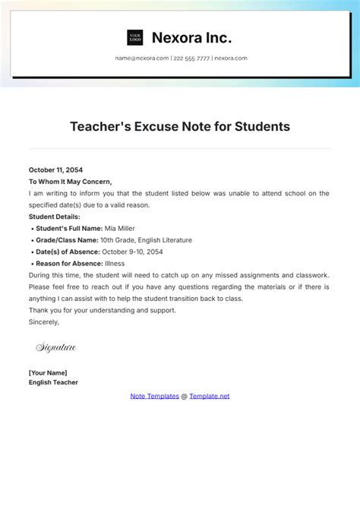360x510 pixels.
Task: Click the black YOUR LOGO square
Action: [135, 37]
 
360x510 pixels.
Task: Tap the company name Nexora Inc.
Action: [191, 37]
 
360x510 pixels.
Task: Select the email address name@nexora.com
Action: [141, 59]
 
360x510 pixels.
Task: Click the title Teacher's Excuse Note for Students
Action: [180, 126]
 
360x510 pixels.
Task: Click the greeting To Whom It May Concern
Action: [70, 182]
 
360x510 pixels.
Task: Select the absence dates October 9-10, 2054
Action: [132, 252]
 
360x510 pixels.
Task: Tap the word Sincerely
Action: [44, 322]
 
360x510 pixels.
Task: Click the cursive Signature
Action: [56, 347]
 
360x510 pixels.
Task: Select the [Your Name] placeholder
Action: [48, 372]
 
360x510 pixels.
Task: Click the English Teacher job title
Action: [53, 382]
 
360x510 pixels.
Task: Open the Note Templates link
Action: [154, 396]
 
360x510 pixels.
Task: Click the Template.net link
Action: [209, 396]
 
